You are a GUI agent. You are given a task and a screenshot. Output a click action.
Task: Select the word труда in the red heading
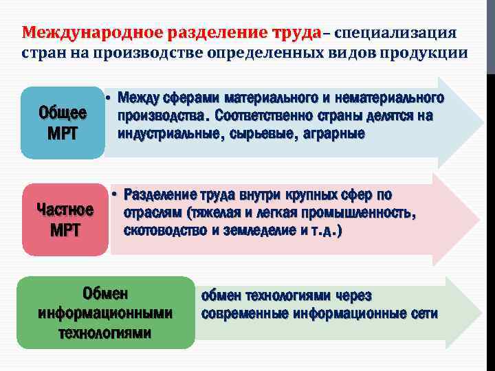tap(296, 33)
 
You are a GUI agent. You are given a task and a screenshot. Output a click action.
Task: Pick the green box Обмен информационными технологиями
tap(105, 313)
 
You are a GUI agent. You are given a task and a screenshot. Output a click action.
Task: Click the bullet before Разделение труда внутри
tap(115, 194)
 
